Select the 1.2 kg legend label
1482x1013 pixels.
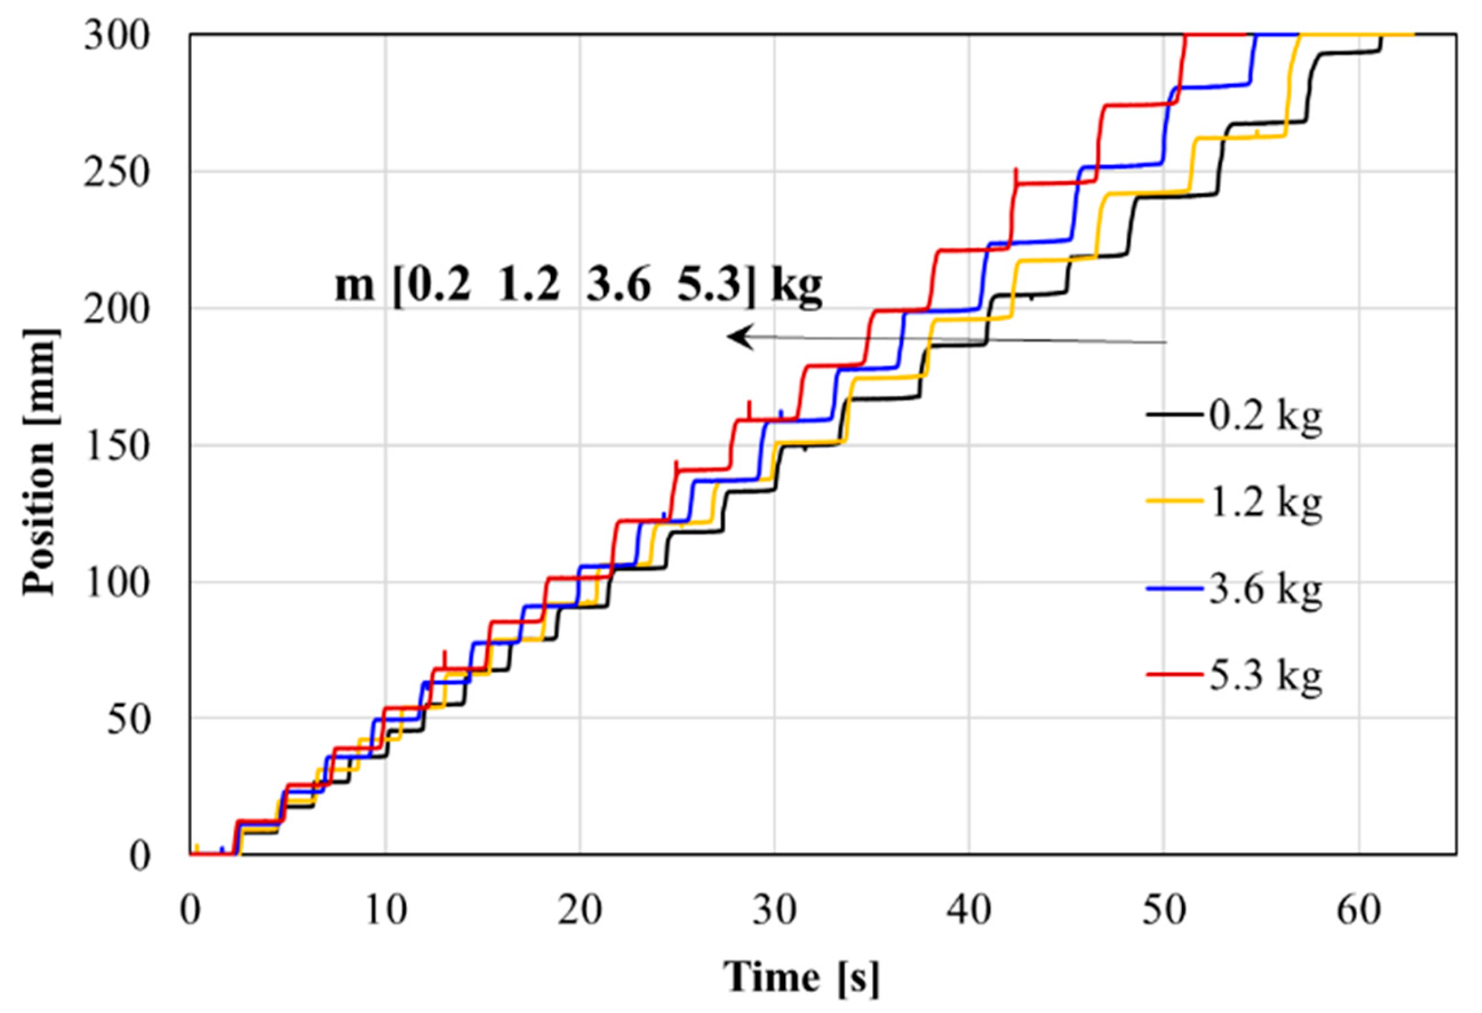coord(1265,504)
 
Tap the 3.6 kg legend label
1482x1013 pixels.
coord(1265,591)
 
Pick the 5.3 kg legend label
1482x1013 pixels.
coord(1265,678)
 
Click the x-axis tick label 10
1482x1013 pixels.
coord(385,912)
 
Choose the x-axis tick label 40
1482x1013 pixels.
coord(969,912)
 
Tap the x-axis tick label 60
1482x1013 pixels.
coord(1358,912)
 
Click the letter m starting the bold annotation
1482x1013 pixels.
coord(355,286)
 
